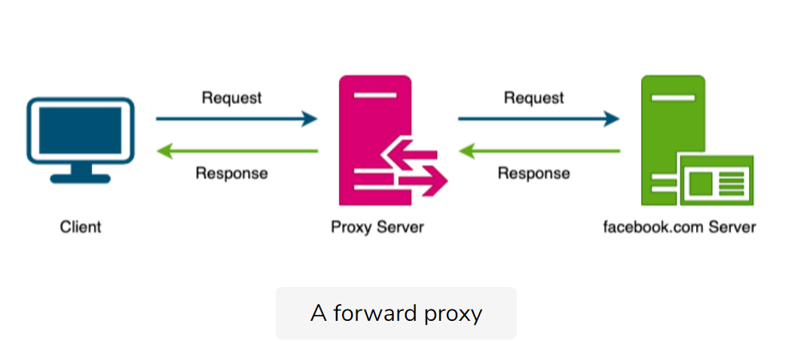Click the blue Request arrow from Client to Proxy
[x=237, y=119]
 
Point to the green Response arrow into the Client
[x=237, y=151]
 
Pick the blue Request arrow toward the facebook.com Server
[x=539, y=119]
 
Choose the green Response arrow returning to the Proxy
[x=539, y=151]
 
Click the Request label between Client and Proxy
[x=232, y=98]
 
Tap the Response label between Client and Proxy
[x=232, y=173]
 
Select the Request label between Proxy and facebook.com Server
[x=534, y=98]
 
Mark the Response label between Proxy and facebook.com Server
[x=534, y=173]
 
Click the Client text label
[x=81, y=227]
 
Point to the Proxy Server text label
[x=377, y=227]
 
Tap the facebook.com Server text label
[x=679, y=227]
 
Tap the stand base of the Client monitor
[x=81, y=179]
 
